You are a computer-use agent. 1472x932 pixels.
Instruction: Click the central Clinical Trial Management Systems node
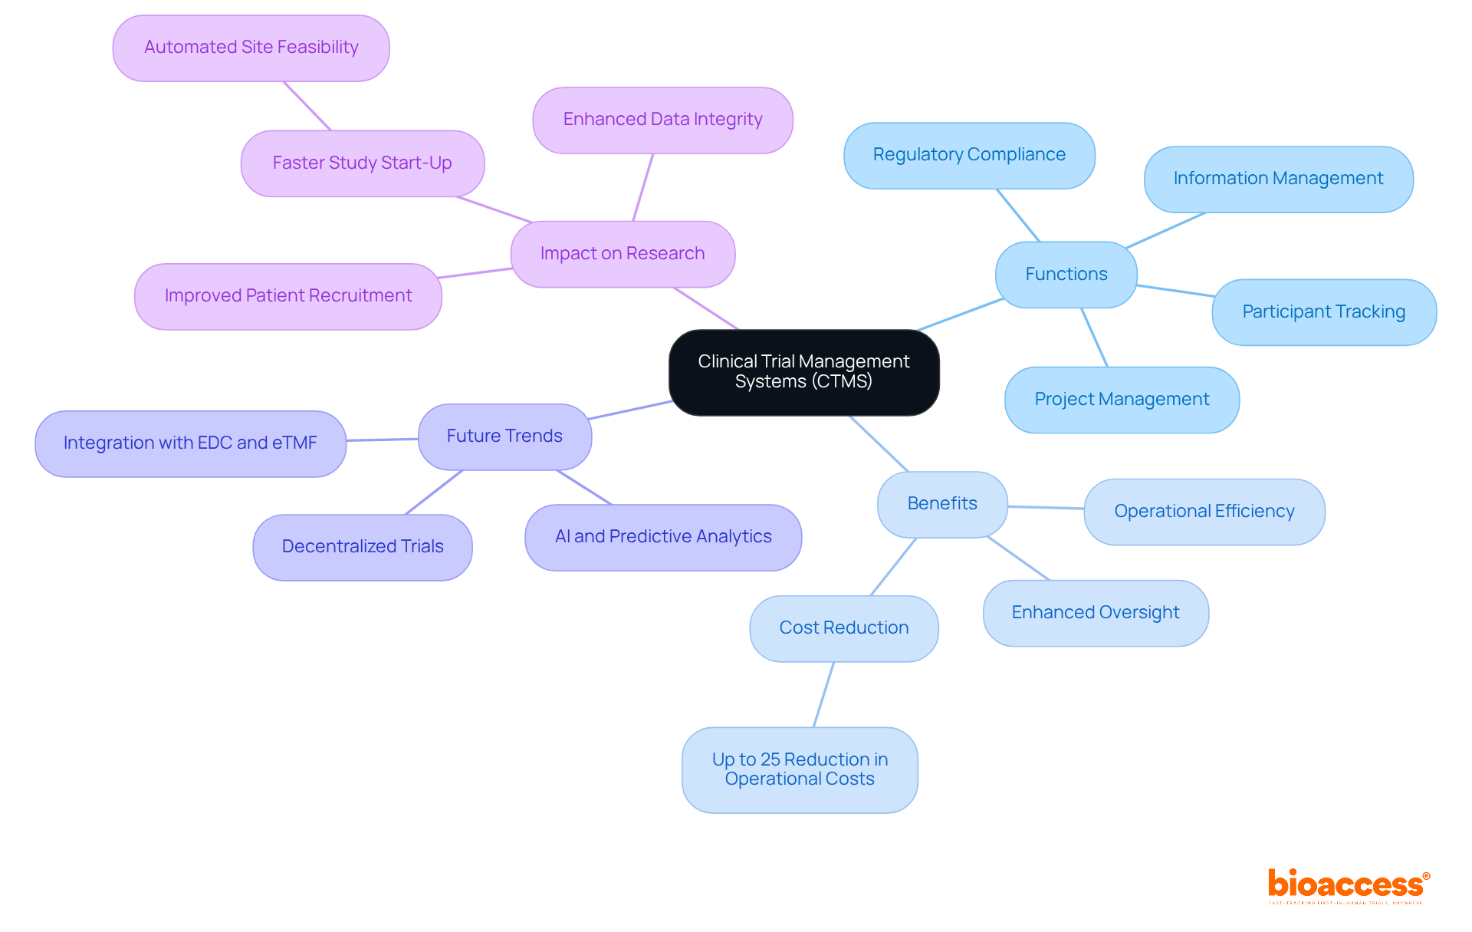tap(803, 372)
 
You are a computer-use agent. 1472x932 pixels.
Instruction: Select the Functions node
tap(1066, 275)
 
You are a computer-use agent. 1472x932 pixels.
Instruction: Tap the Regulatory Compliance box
tap(969, 155)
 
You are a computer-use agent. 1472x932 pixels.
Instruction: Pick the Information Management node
tap(1278, 179)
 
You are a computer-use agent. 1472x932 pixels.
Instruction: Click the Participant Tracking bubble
tap(1323, 312)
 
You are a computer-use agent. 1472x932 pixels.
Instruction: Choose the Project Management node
tap(1122, 400)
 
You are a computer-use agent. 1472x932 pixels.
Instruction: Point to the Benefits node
tap(942, 504)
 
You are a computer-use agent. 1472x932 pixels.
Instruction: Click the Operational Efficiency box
tap(1204, 512)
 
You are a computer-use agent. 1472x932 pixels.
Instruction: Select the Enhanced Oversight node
tap(1096, 613)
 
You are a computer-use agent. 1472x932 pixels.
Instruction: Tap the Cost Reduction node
tap(843, 628)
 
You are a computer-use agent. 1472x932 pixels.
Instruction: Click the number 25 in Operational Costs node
tap(770, 759)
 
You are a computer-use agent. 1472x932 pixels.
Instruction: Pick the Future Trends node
tap(504, 436)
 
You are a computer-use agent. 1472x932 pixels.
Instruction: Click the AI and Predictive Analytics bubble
tap(663, 537)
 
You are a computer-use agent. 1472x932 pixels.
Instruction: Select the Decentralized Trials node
tap(363, 547)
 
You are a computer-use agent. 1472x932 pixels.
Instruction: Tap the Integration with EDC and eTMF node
tap(190, 443)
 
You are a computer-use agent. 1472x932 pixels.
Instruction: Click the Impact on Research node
tap(623, 254)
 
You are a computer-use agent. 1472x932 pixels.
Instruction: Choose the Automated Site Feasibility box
tap(251, 48)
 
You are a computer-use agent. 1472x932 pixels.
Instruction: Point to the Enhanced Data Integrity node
tap(662, 120)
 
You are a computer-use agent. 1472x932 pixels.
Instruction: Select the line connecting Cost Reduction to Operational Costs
tap(823, 695)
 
